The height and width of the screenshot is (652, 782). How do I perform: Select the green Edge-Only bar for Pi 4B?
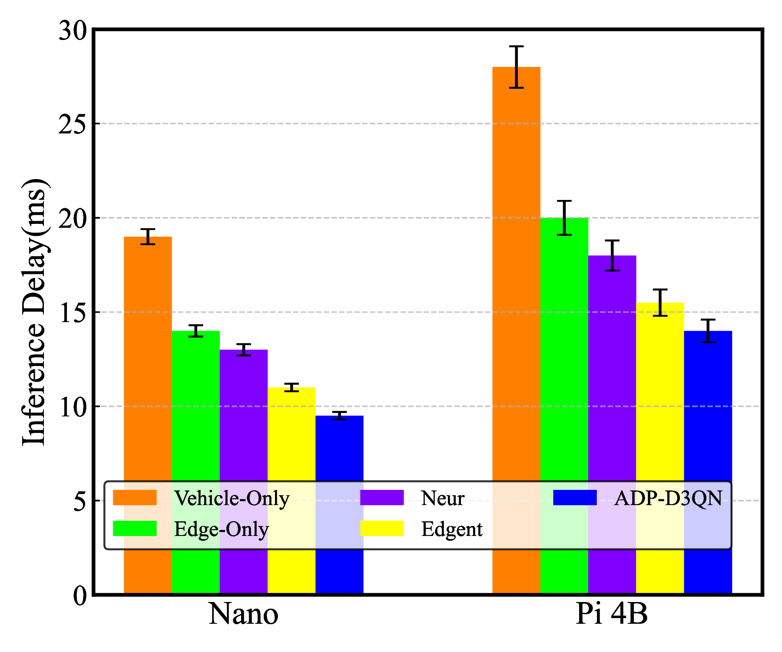pos(564,348)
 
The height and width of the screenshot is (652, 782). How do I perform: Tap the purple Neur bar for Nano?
pos(243,413)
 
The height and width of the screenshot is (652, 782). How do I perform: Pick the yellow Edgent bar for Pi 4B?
pos(660,391)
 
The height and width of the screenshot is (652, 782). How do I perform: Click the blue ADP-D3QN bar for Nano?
pos(339,448)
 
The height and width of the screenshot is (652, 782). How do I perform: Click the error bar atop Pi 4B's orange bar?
pos(516,67)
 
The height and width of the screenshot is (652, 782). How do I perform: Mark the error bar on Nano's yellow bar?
pos(292,387)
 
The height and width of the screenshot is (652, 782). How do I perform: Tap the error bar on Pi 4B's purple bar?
pos(612,256)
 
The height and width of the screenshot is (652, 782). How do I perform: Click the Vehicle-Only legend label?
pos(232,498)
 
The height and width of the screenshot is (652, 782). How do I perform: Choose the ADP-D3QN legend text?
pos(668,498)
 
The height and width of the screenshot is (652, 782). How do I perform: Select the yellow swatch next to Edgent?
pos(382,529)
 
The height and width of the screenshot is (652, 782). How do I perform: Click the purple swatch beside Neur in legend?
pos(382,498)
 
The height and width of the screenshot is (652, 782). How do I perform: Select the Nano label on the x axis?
pos(243,615)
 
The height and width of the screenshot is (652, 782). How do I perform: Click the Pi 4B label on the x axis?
pos(612,615)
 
